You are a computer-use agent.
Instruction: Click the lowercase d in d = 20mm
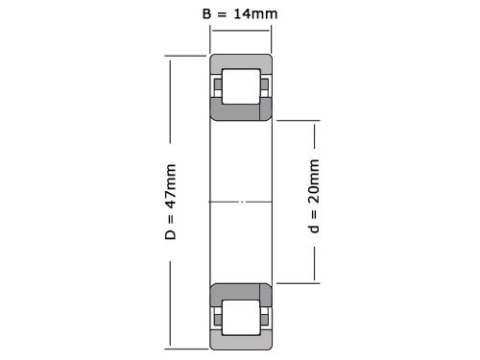pos(315,230)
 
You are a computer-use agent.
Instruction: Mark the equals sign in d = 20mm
pos(315,216)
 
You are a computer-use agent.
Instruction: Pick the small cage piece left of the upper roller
pos(217,86)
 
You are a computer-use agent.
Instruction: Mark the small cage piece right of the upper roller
pos(262,86)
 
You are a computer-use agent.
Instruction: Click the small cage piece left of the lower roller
pos(217,316)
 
